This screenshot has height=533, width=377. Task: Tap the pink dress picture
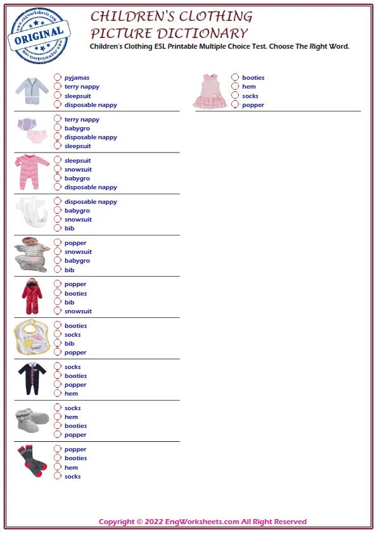[210, 91]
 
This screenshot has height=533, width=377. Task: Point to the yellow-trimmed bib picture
[32, 338]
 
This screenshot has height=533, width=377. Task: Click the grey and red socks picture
[32, 461]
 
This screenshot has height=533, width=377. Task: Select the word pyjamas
[77, 78]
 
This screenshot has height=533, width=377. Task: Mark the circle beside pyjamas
[58, 78]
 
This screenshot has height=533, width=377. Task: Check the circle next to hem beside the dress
[235, 87]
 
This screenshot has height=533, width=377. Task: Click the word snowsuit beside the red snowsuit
[78, 311]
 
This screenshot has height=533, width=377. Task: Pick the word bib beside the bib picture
[69, 344]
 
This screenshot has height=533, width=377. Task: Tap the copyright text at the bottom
[202, 522]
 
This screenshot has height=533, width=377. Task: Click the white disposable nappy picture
[32, 213]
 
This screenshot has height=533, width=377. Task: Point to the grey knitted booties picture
[32, 420]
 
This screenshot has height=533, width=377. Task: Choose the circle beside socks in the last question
[58, 476]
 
